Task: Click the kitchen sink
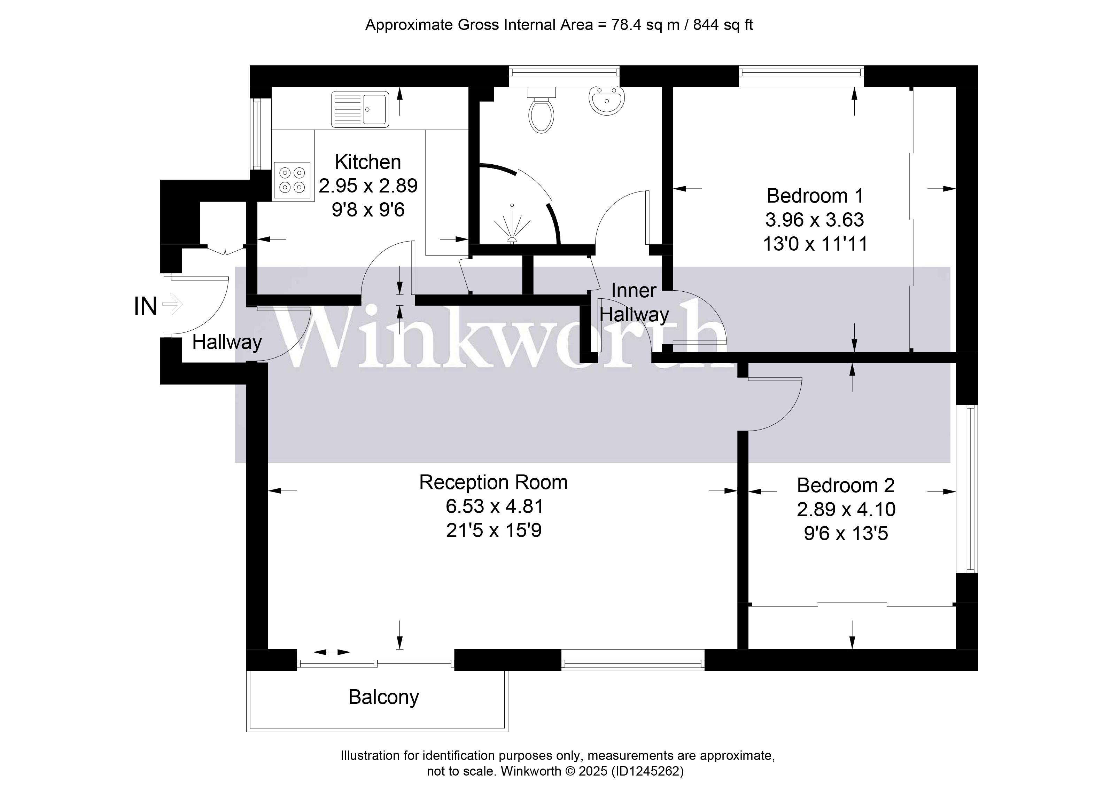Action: (x=360, y=109)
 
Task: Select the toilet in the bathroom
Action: (x=541, y=110)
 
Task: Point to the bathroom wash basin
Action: (x=606, y=100)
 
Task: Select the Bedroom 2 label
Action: (x=846, y=485)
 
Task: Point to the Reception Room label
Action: (x=493, y=482)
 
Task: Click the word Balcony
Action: (x=383, y=697)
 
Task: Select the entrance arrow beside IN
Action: (x=172, y=305)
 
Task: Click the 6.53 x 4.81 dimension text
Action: (x=494, y=506)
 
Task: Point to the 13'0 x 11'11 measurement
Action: (x=815, y=243)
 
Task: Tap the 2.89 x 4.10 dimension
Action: (x=846, y=509)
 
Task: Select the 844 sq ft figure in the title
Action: (x=723, y=24)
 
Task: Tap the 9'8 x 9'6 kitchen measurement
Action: (x=368, y=210)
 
